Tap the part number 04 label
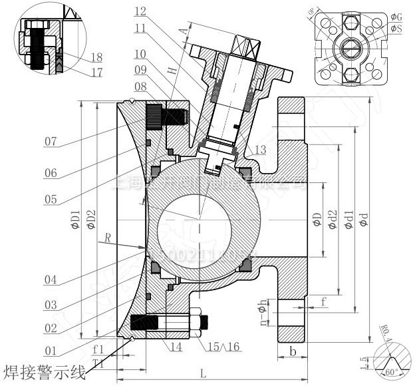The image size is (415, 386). coord(51,280)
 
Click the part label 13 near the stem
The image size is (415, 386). coord(259,151)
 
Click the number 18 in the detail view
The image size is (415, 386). coord(96,57)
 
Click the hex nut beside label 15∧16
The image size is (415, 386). coord(201,321)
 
